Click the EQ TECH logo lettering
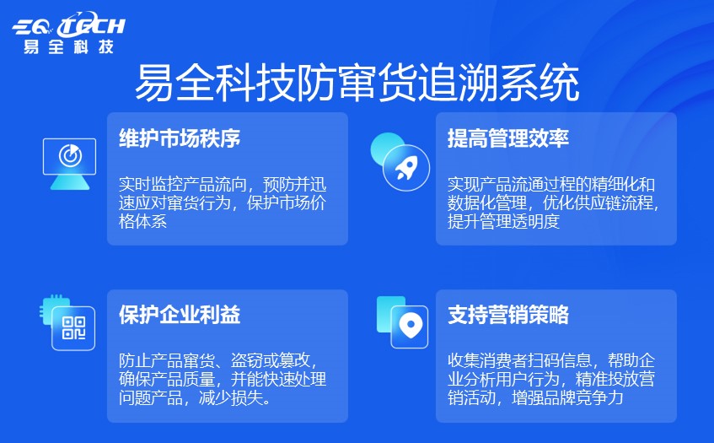69,26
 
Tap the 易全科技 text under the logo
69,46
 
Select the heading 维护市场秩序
180,138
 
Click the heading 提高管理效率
508,138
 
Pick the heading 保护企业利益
180,316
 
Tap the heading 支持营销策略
508,316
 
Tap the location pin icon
409,325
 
